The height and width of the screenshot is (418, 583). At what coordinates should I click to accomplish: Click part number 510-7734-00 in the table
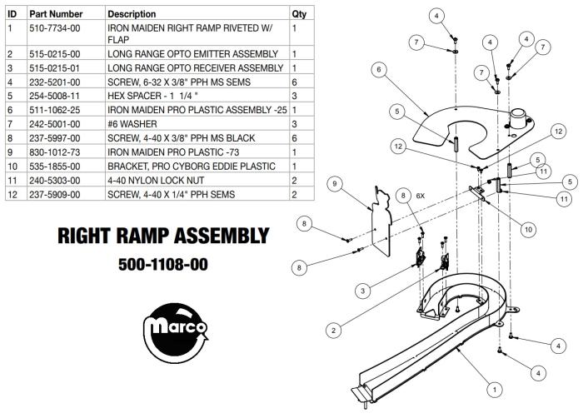tap(55, 28)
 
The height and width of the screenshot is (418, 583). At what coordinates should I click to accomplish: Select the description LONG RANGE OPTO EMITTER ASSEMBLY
tap(192, 54)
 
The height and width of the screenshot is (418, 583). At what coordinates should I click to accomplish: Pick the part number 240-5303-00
tap(55, 181)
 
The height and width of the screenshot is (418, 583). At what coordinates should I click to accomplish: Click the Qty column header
tap(299, 14)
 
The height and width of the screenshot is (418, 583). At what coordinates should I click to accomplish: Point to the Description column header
tap(132, 14)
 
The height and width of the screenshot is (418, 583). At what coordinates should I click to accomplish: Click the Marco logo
tap(176, 333)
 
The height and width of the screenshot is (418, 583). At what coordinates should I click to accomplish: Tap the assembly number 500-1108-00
tap(163, 265)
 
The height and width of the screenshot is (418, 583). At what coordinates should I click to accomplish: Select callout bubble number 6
tap(379, 70)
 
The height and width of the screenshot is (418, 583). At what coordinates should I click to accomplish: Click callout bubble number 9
tap(335, 184)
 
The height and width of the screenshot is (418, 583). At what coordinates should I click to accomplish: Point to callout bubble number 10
tap(528, 230)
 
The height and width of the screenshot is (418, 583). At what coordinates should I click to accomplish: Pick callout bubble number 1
tap(495, 390)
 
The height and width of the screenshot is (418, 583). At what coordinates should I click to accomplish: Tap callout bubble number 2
tap(333, 331)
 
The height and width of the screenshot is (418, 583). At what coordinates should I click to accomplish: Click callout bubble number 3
tap(363, 291)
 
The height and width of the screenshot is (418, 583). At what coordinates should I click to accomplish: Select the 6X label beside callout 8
tap(420, 196)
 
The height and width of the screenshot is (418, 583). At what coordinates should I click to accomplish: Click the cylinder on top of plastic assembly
tap(518, 118)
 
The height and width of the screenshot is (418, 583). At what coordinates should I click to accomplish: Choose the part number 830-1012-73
tap(55, 152)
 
